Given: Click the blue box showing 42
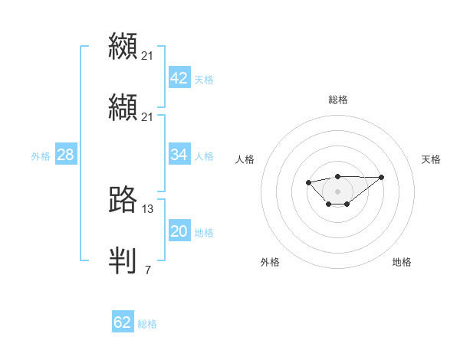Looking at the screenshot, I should point(179,78).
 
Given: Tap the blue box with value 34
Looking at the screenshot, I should point(179,155).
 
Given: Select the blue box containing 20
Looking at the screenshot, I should point(179,231).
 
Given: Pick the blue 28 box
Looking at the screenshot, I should point(66,155).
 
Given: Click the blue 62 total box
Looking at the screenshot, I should point(123,322).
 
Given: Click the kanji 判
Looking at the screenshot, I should point(123,260).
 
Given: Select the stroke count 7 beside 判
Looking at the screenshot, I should point(148,270).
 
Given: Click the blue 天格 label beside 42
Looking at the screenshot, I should point(204,80).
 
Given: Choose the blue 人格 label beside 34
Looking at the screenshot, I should point(204,156).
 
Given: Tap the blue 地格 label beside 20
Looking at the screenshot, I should point(204,233).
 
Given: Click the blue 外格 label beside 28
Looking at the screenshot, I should point(41,156).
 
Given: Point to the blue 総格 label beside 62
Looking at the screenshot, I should point(147,324).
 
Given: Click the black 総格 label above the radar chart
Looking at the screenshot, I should point(338,100).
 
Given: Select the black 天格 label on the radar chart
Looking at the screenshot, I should point(431,159).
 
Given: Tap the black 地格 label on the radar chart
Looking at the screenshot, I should point(402,262).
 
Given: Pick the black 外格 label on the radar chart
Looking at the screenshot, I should point(270,262).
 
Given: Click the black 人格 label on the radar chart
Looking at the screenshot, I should point(245,159).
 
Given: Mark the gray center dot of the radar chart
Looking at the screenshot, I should point(338,191).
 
